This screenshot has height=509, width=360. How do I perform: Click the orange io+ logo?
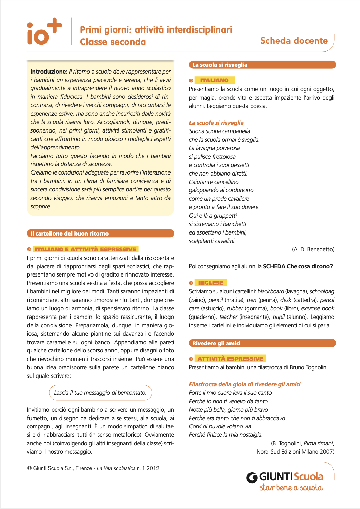(x=44, y=32)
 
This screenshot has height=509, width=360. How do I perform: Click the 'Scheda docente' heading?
(x=294, y=41)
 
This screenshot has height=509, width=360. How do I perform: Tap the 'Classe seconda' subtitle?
(x=113, y=42)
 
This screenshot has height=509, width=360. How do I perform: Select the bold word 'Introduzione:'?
(x=49, y=72)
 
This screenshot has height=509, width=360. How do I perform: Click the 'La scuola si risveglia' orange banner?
(x=262, y=65)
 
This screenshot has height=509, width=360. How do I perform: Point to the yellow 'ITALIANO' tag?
(x=214, y=80)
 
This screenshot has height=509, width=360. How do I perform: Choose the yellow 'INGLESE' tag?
(x=211, y=283)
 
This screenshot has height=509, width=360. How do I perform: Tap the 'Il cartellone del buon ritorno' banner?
(x=100, y=233)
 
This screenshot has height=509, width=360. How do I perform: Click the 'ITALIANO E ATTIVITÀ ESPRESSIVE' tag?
(x=85, y=249)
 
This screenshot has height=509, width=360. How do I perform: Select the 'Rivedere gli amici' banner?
(x=262, y=343)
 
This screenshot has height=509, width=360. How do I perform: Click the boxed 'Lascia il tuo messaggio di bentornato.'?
(x=100, y=393)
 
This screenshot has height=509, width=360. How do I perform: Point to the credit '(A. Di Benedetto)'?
(x=313, y=249)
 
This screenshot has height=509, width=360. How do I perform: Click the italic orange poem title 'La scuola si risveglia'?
(x=216, y=123)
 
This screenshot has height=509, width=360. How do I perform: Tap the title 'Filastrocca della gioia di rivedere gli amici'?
(x=245, y=384)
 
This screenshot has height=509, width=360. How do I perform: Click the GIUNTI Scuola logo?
(x=285, y=477)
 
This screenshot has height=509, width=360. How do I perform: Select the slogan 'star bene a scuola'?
(x=291, y=488)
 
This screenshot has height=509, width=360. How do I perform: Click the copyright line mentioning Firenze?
(x=93, y=468)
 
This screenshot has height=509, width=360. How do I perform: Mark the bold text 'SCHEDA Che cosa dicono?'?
(x=298, y=266)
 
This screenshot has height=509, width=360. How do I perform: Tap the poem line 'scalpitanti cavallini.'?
(x=212, y=241)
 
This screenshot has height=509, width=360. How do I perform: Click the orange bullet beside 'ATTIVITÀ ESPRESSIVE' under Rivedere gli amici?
(x=191, y=359)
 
